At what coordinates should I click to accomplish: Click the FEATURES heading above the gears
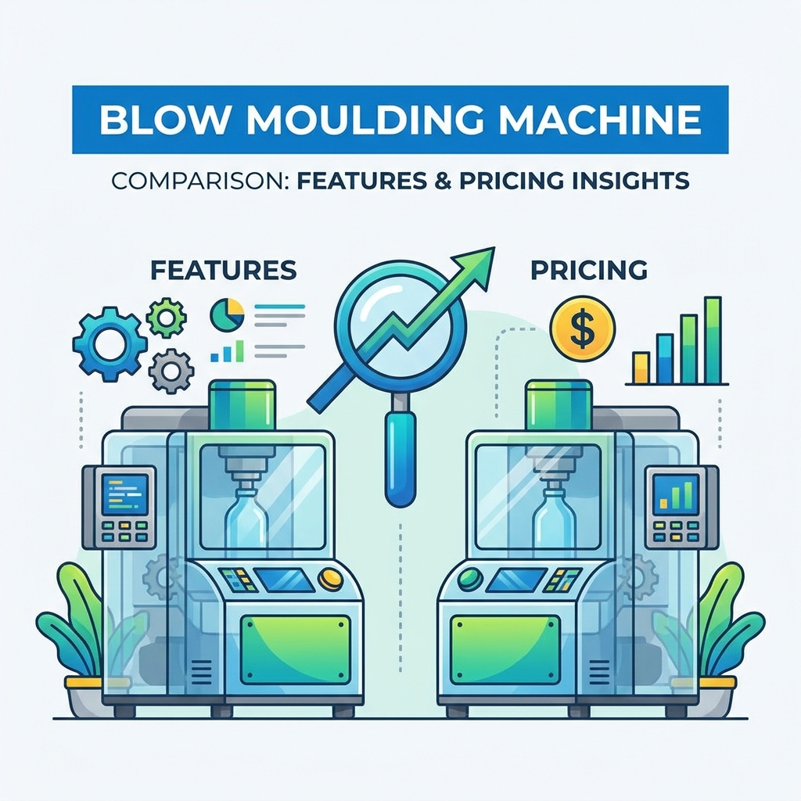point(223,270)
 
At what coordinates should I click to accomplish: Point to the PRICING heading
point(589,270)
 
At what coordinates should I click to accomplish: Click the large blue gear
point(110,344)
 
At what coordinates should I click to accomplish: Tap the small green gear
point(166,318)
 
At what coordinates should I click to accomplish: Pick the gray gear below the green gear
point(171,370)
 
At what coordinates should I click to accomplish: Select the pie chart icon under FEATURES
point(227,314)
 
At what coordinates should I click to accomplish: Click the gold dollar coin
point(582,329)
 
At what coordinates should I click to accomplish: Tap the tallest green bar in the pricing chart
point(712,340)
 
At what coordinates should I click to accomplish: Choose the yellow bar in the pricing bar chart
point(641,368)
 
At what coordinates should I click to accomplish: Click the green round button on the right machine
point(470,578)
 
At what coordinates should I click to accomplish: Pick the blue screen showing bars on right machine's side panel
point(676,494)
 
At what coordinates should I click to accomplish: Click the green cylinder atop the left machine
point(242,404)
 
